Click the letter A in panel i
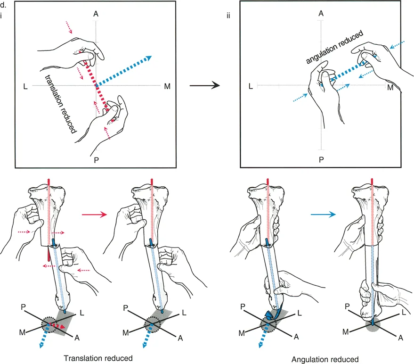[x=96, y=15]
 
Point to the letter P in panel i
[x=96, y=159]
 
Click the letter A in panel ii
[x=321, y=14]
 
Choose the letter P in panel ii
[x=321, y=159]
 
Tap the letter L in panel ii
[x=252, y=87]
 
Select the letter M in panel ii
[x=390, y=87]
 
